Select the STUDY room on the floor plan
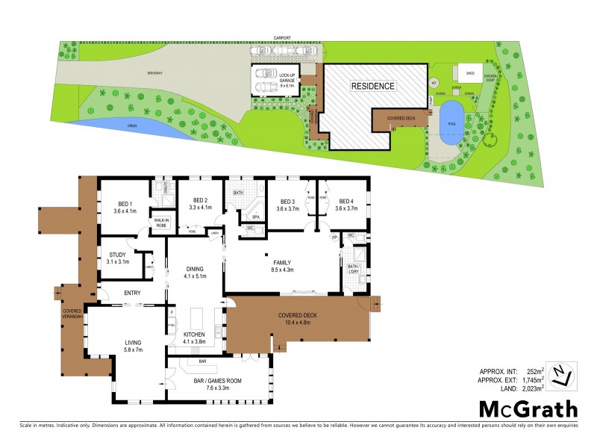click(x=119, y=259)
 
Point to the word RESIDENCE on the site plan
click(x=373, y=86)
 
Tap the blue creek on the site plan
click(x=135, y=127)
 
